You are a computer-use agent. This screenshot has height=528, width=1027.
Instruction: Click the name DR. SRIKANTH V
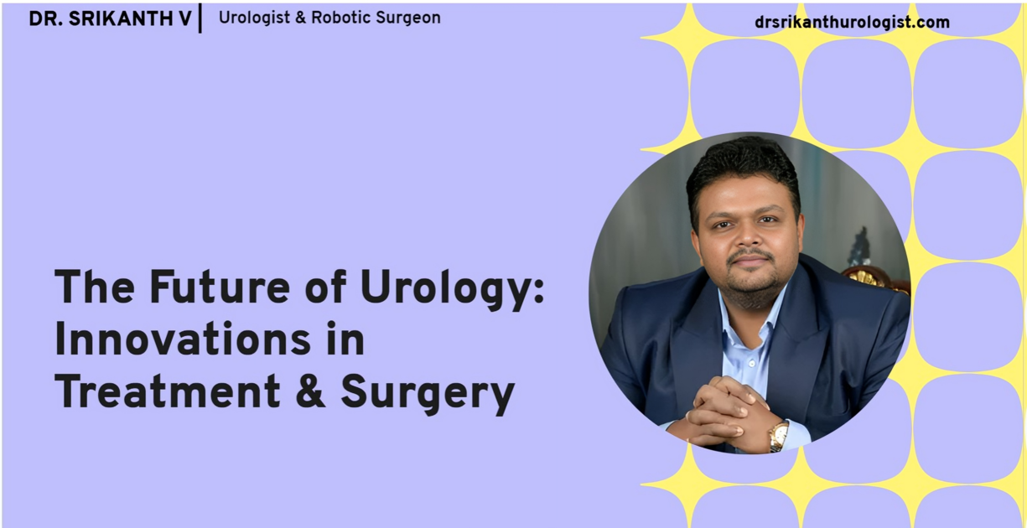[110, 18]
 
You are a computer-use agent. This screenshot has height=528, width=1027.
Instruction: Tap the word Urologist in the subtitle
[253, 18]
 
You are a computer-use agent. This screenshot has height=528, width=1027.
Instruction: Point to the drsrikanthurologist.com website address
[852, 23]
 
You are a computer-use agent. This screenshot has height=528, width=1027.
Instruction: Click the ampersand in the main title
[310, 391]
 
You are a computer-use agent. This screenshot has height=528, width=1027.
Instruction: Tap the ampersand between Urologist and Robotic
[299, 18]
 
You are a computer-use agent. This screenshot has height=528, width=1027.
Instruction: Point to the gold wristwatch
[779, 434]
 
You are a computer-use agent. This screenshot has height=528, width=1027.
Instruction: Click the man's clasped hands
[725, 411]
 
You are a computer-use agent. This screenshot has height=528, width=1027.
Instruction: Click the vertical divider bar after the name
[200, 18]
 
